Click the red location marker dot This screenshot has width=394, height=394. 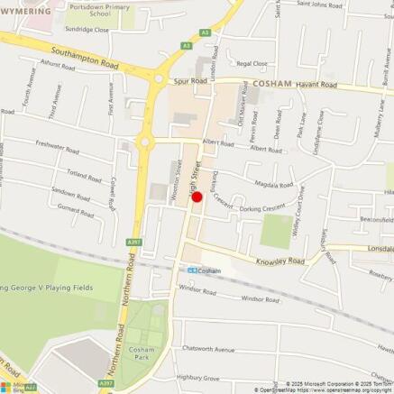tap(197, 197)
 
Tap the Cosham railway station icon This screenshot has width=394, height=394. tap(192, 270)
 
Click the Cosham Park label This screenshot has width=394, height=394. tap(141, 353)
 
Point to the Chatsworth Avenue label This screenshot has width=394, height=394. tap(208, 349)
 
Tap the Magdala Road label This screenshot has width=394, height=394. tap(274, 184)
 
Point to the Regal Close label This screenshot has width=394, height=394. tap(252, 64)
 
